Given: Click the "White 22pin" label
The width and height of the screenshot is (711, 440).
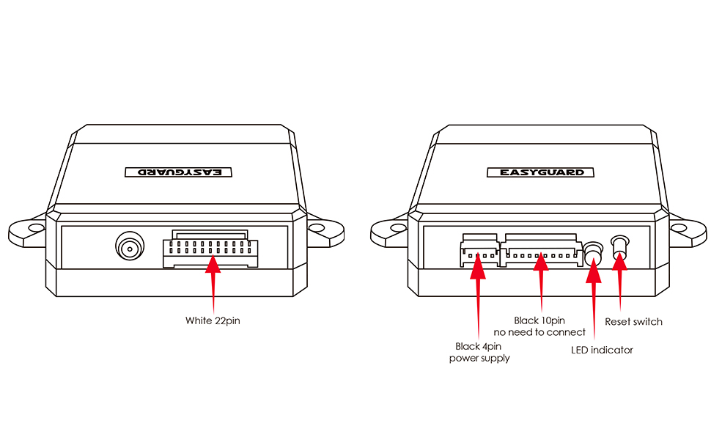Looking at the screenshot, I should [213, 320].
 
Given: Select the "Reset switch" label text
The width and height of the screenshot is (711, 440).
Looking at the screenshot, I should [633, 321].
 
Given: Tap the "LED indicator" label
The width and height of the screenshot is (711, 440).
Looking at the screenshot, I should [602, 350].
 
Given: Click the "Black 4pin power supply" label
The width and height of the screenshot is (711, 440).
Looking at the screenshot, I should [479, 352].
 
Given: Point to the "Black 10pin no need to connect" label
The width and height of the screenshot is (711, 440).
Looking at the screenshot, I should [540, 326].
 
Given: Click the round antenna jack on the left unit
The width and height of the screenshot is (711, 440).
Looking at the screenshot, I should [130, 248].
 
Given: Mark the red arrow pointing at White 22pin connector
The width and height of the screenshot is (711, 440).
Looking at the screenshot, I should [213, 282].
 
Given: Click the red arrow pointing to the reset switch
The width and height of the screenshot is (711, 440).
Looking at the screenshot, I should [621, 282].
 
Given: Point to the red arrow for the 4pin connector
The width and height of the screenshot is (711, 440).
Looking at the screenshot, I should [479, 293].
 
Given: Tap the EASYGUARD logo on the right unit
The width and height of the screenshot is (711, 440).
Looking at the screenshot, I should [537, 173].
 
